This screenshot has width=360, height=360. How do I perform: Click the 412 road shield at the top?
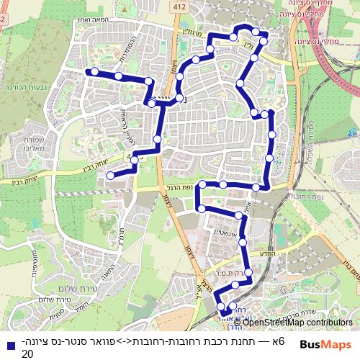pos(176,7)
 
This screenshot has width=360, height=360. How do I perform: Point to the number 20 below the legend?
pos(27,354)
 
